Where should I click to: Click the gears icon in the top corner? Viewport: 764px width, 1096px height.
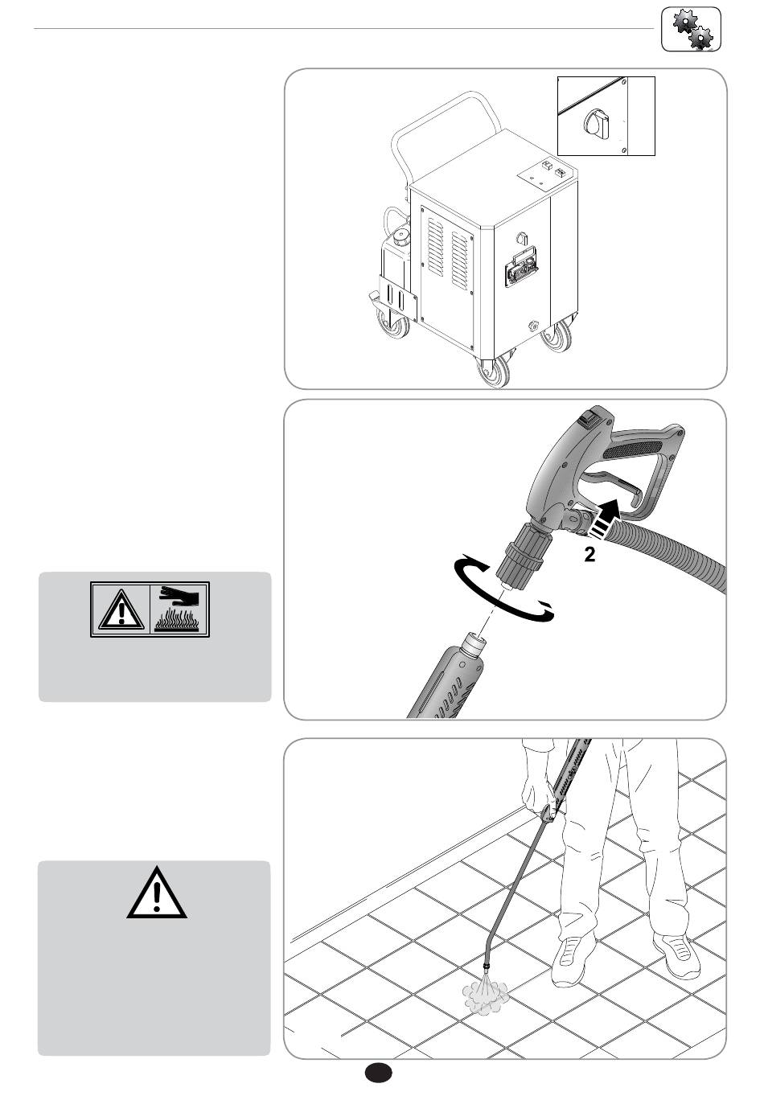(691, 30)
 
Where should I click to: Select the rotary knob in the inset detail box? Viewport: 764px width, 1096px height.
(596, 123)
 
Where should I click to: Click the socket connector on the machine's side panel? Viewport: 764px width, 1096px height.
(522, 265)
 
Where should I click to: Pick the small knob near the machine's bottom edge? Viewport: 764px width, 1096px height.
(532, 325)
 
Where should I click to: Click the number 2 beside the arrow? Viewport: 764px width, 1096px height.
(589, 554)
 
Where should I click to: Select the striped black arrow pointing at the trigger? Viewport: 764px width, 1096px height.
(605, 520)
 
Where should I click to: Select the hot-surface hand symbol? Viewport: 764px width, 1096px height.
(179, 610)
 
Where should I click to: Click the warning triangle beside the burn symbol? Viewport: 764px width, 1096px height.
(121, 610)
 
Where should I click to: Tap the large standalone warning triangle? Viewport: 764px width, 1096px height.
(157, 893)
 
